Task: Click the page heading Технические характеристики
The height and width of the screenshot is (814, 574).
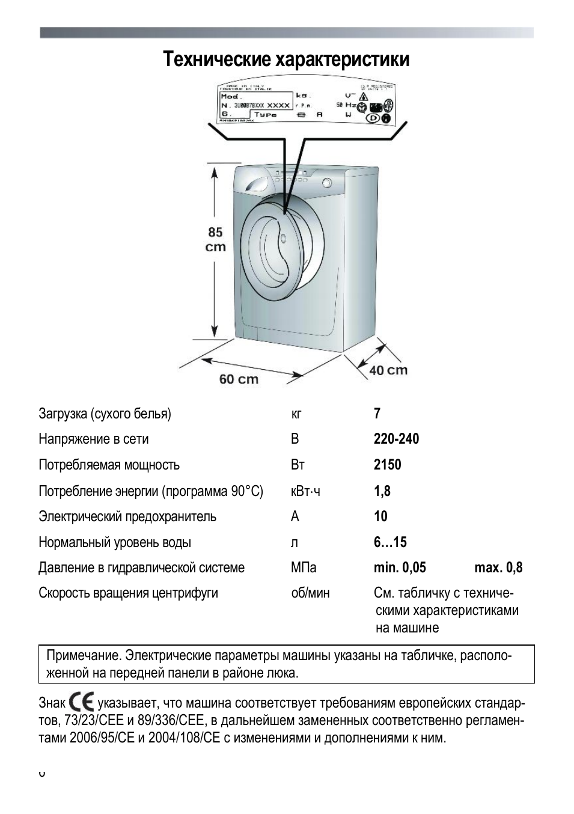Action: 286,60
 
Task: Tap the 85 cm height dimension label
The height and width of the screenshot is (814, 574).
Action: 216,239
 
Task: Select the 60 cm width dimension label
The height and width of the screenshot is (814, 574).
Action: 239,379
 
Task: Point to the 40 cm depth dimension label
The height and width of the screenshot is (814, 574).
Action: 388,370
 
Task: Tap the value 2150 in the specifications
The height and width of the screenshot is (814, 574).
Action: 387,465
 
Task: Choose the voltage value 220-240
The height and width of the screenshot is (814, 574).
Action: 396,439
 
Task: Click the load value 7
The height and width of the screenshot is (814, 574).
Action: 377,414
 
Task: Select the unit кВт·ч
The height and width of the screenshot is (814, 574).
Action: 305,491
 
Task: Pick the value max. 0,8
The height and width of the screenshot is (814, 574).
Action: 498,568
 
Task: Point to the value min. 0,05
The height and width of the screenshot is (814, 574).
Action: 400,568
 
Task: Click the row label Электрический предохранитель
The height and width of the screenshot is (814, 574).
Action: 127,516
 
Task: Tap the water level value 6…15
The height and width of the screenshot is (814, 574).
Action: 390,542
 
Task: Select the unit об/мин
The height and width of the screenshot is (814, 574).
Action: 310,593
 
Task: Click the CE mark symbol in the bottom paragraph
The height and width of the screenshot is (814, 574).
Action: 81,702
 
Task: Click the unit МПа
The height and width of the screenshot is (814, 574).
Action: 304,568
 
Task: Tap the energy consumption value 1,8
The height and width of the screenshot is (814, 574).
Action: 382,491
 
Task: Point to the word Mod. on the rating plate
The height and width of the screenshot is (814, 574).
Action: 231,96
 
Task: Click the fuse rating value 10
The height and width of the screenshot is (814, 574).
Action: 380,516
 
